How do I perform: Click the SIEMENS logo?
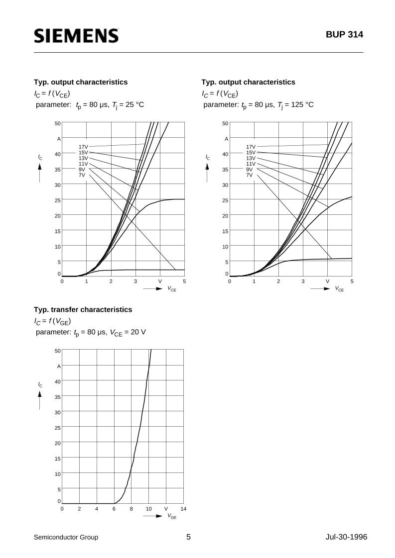pyautogui.click(x=76, y=36)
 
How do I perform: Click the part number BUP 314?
pyautogui.click(x=345, y=35)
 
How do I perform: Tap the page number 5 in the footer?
pyautogui.click(x=188, y=537)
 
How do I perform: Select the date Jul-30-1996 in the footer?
pyautogui.click(x=343, y=537)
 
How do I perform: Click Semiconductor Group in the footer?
pyautogui.click(x=66, y=537)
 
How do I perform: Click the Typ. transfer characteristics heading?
pyautogui.click(x=83, y=309)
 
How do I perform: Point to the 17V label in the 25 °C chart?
pyautogui.click(x=83, y=147)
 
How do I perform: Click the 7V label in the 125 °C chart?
pyautogui.click(x=250, y=175)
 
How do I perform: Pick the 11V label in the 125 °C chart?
pyautogui.click(x=251, y=164)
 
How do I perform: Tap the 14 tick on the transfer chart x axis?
pyautogui.click(x=183, y=509)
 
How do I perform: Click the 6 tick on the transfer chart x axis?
pyautogui.click(x=114, y=509)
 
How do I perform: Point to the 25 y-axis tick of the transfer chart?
pyautogui.click(x=58, y=428)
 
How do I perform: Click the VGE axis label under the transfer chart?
pyautogui.click(x=172, y=517)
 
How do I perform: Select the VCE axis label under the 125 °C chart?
pyautogui.click(x=340, y=289)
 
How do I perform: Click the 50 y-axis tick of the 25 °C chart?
pyautogui.click(x=58, y=123)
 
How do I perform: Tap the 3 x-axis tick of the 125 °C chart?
pyautogui.click(x=303, y=281)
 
